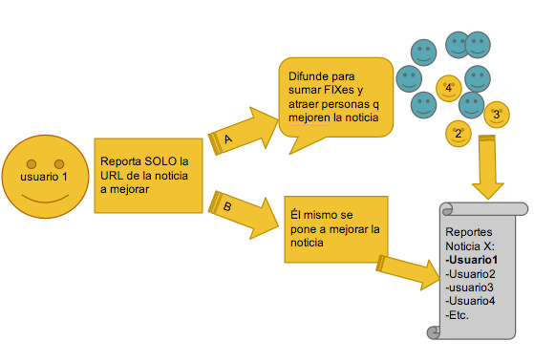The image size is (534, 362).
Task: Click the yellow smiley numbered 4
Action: pos(449,89)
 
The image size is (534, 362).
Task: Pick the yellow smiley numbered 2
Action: pos(458,132)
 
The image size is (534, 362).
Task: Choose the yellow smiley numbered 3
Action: pos(495,115)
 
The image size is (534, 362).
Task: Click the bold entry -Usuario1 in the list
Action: pos(472,260)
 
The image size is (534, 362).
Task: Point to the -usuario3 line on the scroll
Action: pos(469,287)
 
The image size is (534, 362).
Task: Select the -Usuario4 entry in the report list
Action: pos(470,301)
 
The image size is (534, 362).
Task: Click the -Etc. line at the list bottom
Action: pos(458,314)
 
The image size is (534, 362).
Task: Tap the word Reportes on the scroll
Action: pos(470,232)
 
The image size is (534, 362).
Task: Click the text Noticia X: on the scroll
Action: pos(469,245)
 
